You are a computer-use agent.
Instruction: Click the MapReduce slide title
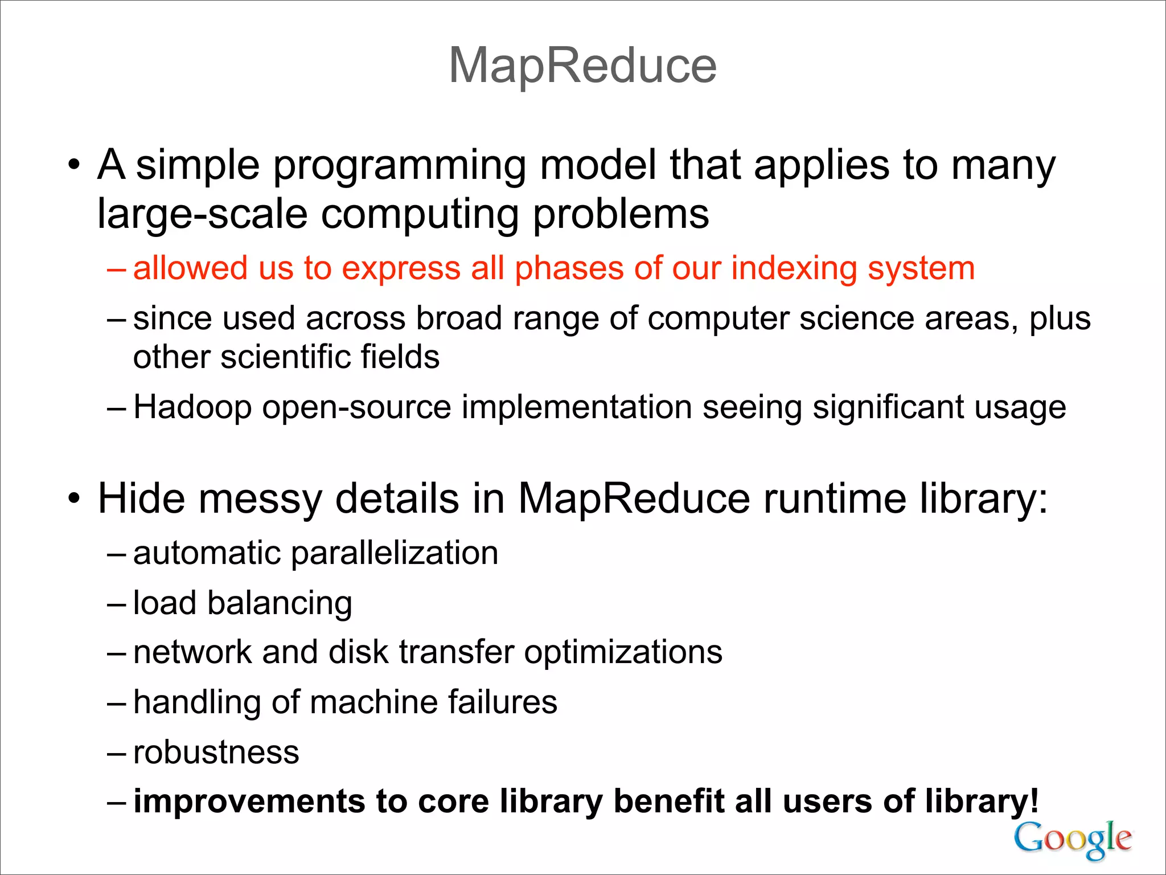click(582, 66)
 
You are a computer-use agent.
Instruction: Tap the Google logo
click(1073, 839)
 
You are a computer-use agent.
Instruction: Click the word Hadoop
click(192, 408)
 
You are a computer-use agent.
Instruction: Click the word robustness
click(216, 752)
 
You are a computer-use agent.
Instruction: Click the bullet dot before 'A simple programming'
click(73, 166)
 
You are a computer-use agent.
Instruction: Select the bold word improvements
click(249, 802)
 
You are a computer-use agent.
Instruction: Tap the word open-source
click(356, 408)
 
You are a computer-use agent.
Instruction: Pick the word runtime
click(835, 499)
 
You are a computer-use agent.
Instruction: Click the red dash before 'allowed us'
click(116, 269)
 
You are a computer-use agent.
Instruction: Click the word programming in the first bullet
click(400, 166)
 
